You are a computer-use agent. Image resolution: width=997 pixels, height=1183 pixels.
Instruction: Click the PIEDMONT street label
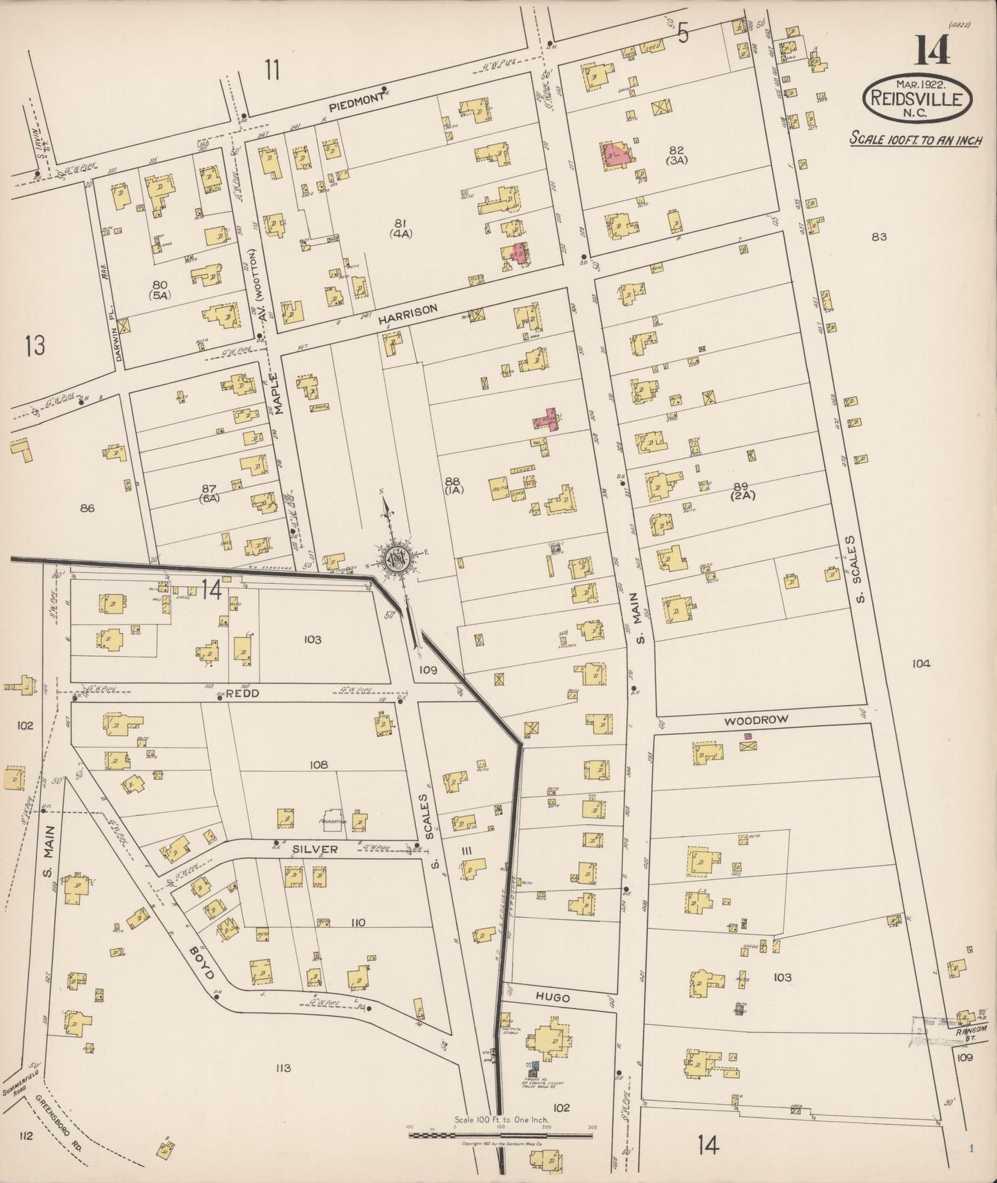coord(355,99)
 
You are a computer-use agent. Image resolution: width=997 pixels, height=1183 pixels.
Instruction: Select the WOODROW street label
coord(756,720)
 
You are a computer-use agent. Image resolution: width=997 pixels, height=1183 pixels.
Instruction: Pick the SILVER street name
coord(315,849)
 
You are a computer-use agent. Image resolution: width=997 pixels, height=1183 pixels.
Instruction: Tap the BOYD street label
coord(200,963)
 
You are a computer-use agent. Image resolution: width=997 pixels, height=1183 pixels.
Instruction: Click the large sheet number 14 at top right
coord(932,50)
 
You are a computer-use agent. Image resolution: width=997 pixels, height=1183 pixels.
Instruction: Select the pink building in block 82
coord(615,155)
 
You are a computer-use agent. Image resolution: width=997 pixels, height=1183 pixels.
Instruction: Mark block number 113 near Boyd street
coord(283,1068)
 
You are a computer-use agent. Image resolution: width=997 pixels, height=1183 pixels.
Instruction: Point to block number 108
coord(318,765)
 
